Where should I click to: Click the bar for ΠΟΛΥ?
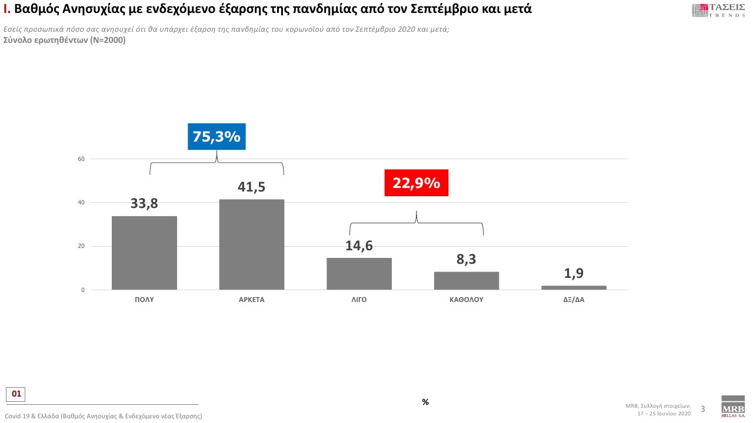point(144,253)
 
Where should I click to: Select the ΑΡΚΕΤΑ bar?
point(252,244)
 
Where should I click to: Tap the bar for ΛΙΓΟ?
point(359,274)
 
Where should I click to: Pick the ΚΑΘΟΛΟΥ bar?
point(467,281)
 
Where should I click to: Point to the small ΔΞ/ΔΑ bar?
point(574,287)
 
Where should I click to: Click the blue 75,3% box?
point(216,137)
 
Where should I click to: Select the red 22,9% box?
point(417,183)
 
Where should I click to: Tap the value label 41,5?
point(252,187)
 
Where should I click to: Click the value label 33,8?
point(144,204)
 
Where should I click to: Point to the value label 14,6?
point(359,246)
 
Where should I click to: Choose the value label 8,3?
point(467,259)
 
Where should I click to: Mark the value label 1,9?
point(574,273)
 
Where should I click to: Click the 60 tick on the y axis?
point(81,159)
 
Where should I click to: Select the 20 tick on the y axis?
point(81,246)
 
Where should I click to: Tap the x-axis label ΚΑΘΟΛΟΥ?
point(467,300)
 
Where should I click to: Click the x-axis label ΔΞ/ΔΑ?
point(574,300)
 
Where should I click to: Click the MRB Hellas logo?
point(732,407)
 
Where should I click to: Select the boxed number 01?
point(16,394)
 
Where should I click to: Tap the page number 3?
point(702,409)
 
